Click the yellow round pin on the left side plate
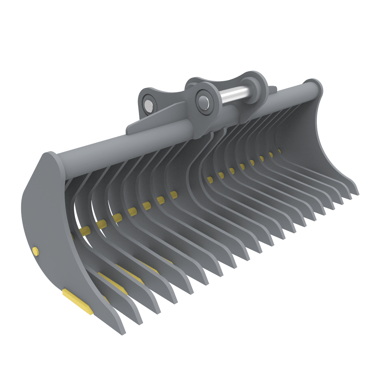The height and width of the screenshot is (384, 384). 35,251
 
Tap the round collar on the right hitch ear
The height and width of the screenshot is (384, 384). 251,85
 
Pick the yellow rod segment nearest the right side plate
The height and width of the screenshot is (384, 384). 279,151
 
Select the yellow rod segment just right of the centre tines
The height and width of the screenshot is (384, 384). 210,180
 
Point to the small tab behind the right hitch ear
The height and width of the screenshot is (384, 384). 272,88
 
